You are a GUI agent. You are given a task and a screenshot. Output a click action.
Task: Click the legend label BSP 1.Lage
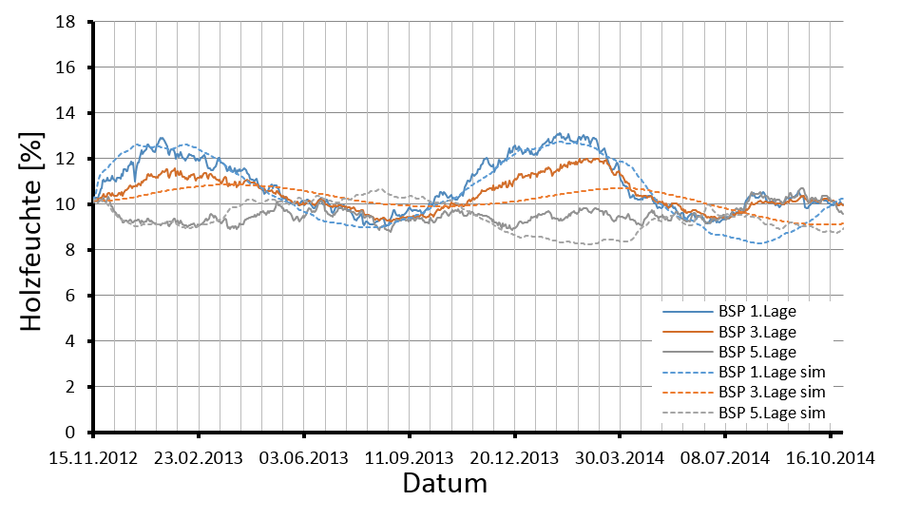point(757,312)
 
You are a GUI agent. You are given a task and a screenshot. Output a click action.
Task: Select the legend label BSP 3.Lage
point(757,332)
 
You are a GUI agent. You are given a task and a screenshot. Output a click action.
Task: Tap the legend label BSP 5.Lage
point(757,352)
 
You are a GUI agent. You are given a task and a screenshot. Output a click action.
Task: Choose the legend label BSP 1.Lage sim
point(771,372)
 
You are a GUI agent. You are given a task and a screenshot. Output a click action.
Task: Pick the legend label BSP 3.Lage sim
point(771,392)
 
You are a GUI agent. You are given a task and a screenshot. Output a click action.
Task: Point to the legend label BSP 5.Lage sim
point(771,413)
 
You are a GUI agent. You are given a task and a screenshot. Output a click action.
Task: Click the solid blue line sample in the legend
point(685,312)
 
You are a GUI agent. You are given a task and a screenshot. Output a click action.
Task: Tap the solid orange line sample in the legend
point(685,332)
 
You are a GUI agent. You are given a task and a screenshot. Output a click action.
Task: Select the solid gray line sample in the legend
point(685,352)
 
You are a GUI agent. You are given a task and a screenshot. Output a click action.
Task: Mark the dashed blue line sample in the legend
point(685,372)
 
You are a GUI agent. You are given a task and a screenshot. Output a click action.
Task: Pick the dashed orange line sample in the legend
point(685,392)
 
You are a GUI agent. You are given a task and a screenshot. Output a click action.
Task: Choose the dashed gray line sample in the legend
point(685,413)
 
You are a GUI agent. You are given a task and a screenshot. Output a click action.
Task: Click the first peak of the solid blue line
point(163,139)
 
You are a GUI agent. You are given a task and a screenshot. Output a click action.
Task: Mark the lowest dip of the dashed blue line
point(758,243)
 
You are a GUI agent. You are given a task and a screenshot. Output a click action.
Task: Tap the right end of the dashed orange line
point(842,224)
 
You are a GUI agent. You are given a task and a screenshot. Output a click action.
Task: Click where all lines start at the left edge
point(94,201)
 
